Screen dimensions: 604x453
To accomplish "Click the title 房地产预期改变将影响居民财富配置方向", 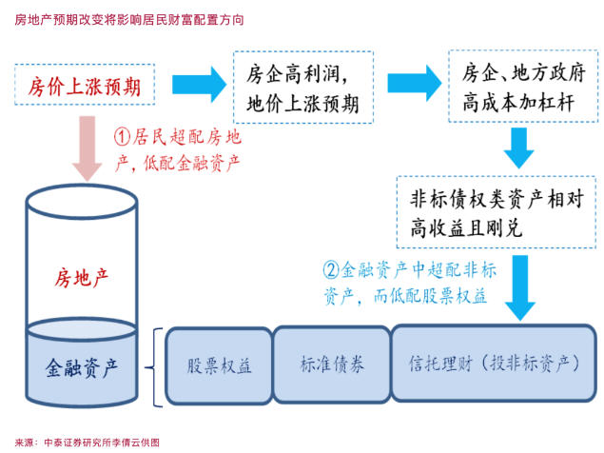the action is click(x=129, y=19).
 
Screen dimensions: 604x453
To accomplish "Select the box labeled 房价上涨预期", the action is click(x=85, y=85).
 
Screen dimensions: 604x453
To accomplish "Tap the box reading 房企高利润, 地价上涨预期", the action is click(x=303, y=88).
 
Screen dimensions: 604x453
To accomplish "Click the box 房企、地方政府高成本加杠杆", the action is click(x=523, y=87).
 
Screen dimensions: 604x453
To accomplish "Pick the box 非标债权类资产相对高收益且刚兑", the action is click(x=497, y=212).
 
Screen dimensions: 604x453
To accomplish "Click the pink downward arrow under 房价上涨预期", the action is click(x=88, y=148).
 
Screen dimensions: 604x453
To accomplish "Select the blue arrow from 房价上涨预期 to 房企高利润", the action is click(x=199, y=84).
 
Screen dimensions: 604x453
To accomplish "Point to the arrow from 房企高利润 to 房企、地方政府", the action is click(x=415, y=84).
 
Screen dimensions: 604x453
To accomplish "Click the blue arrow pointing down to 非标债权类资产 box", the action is click(x=519, y=148).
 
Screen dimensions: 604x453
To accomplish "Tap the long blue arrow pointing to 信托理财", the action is click(x=520, y=287).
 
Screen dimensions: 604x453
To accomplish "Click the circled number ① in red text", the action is click(x=122, y=137).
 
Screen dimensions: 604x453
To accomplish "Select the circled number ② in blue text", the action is click(x=331, y=270).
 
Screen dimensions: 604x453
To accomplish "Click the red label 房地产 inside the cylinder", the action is click(x=81, y=278).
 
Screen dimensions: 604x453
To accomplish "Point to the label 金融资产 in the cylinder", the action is click(x=81, y=367).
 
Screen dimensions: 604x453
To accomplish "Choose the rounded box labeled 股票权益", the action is click(x=219, y=365).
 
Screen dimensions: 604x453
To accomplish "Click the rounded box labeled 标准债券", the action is click(x=332, y=364).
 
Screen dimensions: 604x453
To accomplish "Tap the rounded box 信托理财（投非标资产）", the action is click(x=494, y=364).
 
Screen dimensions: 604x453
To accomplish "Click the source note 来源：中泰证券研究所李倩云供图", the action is click(x=88, y=443).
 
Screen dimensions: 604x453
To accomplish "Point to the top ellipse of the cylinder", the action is click(x=82, y=186).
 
